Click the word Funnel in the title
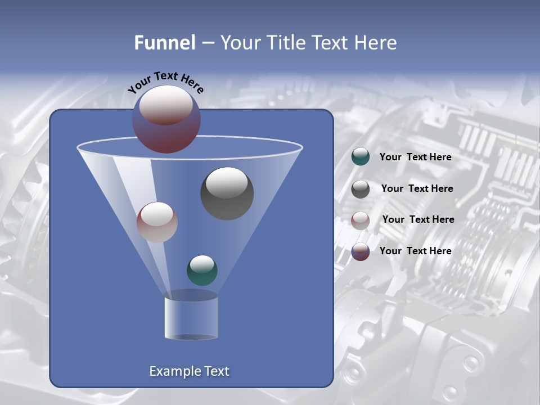click(164, 43)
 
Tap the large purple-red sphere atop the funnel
click(166, 119)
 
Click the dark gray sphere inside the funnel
click(227, 193)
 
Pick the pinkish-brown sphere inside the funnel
click(157, 222)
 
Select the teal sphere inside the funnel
click(202, 270)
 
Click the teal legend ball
click(361, 157)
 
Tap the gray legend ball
click(361, 189)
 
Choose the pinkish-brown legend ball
click(361, 220)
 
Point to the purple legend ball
click(361, 251)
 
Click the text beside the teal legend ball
click(415, 157)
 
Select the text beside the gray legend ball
click(417, 188)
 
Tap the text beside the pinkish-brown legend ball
click(418, 219)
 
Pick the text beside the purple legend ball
click(415, 251)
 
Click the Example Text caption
click(189, 371)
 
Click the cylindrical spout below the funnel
click(191, 317)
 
